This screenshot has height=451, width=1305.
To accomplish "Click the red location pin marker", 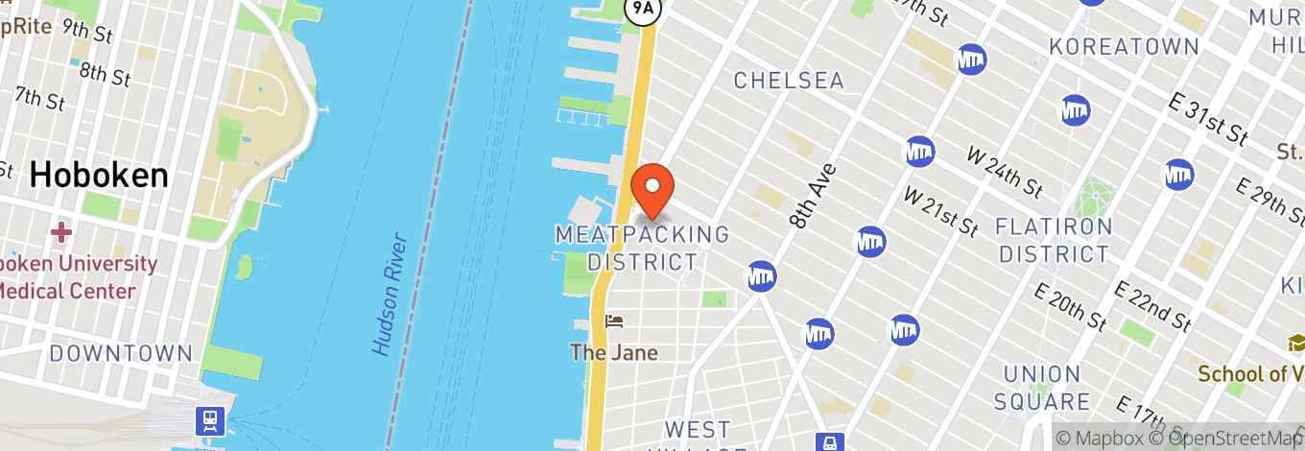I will (652, 187).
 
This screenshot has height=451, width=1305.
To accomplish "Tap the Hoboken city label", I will (99, 175).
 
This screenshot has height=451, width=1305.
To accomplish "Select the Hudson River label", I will (389, 294).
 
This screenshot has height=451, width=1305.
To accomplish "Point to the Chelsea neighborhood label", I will (789, 81).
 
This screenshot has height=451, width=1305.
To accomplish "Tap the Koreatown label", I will (1124, 46).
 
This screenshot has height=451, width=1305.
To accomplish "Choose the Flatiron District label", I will (1054, 241).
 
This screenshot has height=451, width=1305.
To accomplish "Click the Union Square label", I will (1042, 388).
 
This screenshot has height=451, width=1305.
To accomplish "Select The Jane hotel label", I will (614, 353).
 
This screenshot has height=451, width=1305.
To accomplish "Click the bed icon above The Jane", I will (614, 321).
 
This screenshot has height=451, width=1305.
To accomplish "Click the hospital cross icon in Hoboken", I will (61, 232).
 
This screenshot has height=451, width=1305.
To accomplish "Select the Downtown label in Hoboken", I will (121, 353).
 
